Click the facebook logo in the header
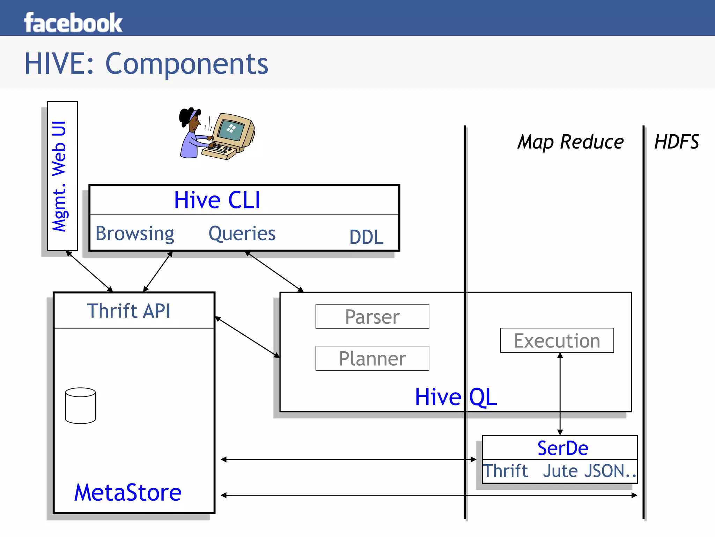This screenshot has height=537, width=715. (73, 23)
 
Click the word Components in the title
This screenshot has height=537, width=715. (186, 64)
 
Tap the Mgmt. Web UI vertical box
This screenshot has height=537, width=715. (62, 176)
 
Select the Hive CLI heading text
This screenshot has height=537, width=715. (217, 200)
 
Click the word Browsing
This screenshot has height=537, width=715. (135, 234)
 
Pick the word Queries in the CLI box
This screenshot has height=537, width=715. (242, 234)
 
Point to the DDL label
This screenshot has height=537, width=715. (366, 237)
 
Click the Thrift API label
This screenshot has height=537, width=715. (129, 311)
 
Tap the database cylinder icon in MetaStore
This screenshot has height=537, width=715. (80, 406)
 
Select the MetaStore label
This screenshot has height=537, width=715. (128, 492)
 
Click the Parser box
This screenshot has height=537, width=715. (372, 317)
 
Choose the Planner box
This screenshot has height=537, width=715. (372, 358)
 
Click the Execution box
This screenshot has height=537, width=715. (557, 341)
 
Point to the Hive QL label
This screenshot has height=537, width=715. (456, 397)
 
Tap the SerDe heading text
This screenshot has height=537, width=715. (563, 448)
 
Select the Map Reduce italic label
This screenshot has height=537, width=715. (570, 142)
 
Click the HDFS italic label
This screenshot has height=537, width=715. (676, 142)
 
